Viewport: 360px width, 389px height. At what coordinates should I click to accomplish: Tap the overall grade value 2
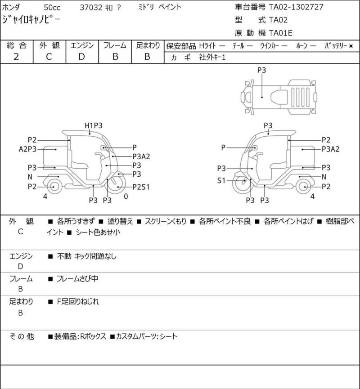[16, 56]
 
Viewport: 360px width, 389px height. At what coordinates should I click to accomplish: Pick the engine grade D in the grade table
[81, 56]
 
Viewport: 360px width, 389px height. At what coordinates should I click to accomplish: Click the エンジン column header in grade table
[81, 45]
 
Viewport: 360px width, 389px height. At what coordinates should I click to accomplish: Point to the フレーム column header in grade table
[115, 45]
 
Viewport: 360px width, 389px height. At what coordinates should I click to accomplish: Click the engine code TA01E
[281, 32]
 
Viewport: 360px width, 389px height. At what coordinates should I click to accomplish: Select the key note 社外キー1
[212, 57]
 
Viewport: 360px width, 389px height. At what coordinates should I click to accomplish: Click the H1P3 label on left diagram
[94, 125]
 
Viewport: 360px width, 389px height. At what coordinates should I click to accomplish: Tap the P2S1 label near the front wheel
[141, 186]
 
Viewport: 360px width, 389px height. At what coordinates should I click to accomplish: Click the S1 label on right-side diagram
[221, 181]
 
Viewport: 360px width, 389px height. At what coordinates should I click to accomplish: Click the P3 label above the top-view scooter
[262, 70]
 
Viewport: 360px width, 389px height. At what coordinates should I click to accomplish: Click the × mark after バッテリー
[351, 45]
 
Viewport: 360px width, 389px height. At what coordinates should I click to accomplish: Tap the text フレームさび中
[77, 279]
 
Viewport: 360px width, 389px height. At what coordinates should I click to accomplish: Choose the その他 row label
[22, 336]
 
